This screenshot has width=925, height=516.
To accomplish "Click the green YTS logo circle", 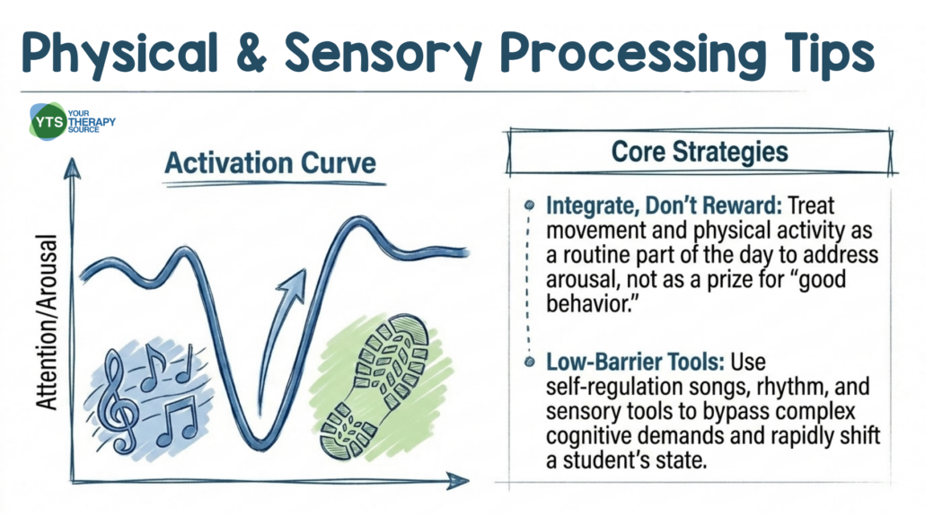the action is click(x=48, y=121).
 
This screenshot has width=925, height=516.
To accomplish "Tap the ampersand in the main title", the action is click(x=250, y=51).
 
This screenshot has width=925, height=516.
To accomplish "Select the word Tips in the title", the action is click(x=829, y=53).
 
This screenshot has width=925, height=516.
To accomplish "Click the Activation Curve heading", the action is click(x=270, y=162).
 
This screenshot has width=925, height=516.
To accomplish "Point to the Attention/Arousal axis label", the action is click(x=47, y=321).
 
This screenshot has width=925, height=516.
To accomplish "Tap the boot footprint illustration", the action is click(x=375, y=387).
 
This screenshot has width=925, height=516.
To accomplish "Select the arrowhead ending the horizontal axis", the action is click(x=458, y=481).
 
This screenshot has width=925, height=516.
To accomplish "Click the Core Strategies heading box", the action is click(x=700, y=152).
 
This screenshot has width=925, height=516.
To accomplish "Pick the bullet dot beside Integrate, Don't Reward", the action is click(x=529, y=206).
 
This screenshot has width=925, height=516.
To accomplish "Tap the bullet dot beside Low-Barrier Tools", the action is click(x=529, y=362).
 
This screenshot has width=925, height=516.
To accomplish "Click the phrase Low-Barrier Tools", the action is click(x=635, y=362).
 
